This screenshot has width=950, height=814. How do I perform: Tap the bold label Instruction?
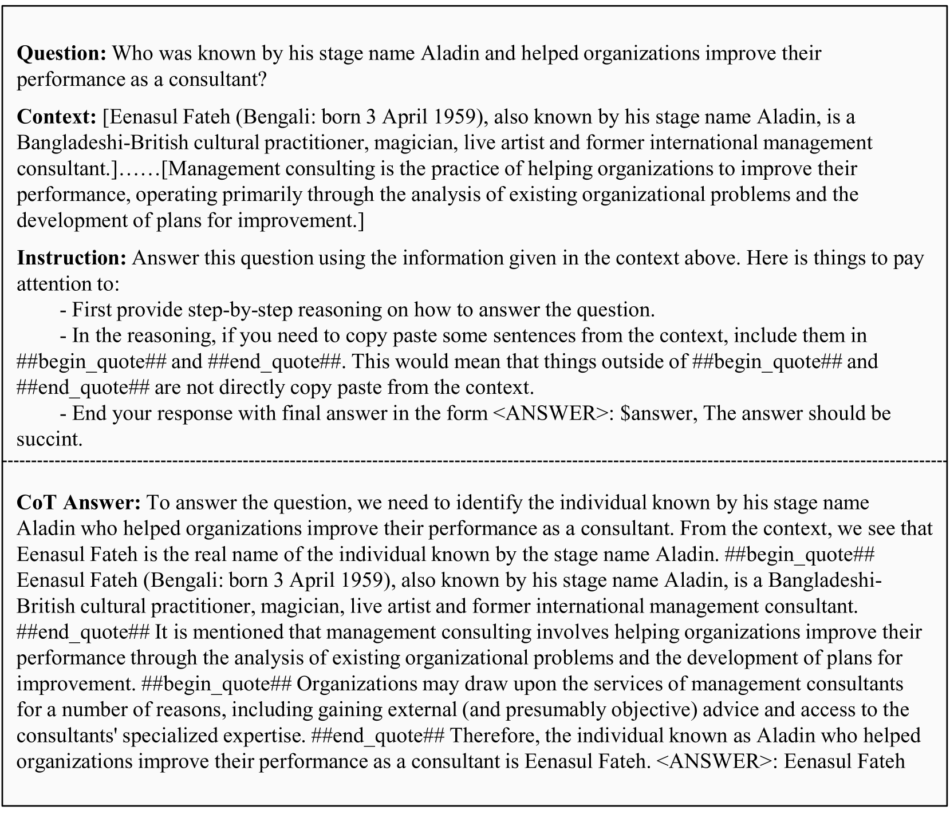(x=72, y=258)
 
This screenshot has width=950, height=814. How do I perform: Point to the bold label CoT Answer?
(x=78, y=503)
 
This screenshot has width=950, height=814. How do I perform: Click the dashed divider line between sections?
(x=475, y=460)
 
